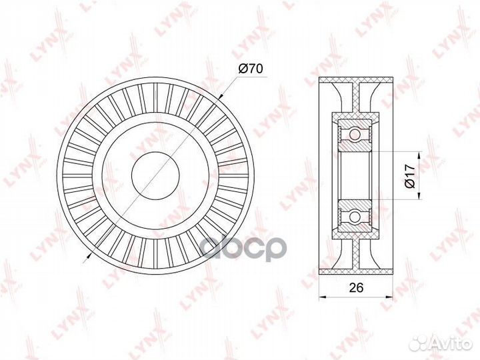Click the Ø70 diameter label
point(251,69)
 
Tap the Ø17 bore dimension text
point(409,175)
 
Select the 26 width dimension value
point(355,287)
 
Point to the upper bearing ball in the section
point(355,134)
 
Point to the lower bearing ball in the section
point(355,217)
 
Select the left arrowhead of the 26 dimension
point(323,297)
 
